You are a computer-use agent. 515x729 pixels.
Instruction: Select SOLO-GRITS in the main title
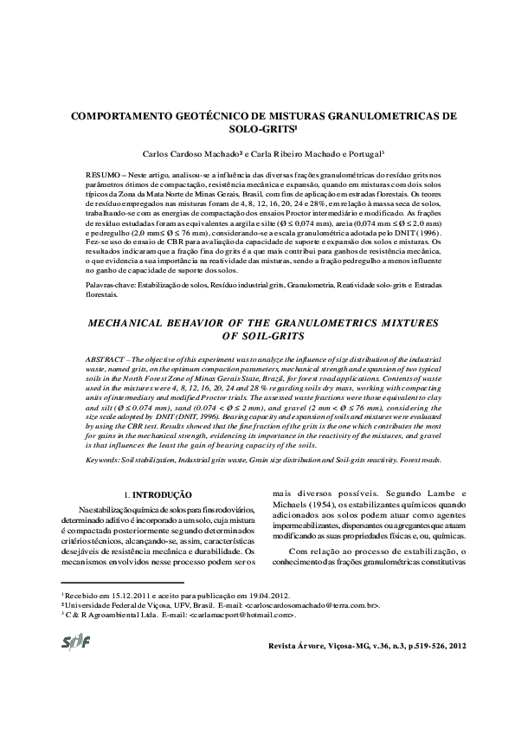click(259, 128)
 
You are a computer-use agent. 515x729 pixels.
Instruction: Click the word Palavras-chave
click(108, 308)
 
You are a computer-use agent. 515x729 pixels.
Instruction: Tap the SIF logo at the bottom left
click(76, 642)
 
